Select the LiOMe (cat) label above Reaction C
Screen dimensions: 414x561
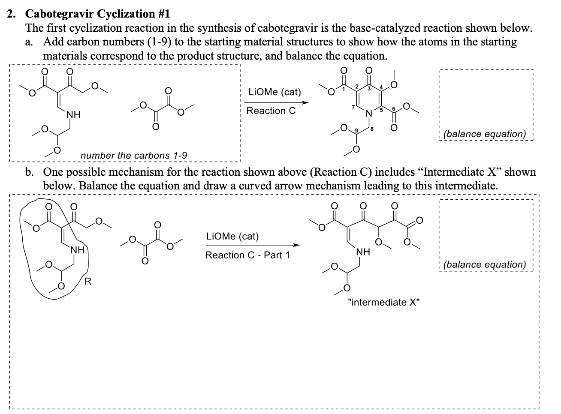(x=274, y=92)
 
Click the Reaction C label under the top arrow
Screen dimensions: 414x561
(x=271, y=111)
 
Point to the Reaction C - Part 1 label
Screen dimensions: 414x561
(x=247, y=255)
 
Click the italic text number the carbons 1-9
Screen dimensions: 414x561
(x=133, y=155)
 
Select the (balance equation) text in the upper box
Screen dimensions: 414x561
(x=485, y=134)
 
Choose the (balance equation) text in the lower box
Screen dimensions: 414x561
(x=485, y=264)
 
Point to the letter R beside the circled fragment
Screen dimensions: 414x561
(x=88, y=282)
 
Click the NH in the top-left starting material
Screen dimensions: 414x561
(x=73, y=115)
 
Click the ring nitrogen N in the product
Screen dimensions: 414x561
(x=368, y=114)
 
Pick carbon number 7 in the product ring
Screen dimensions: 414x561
(x=353, y=106)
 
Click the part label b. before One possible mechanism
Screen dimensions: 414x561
(x=29, y=172)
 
